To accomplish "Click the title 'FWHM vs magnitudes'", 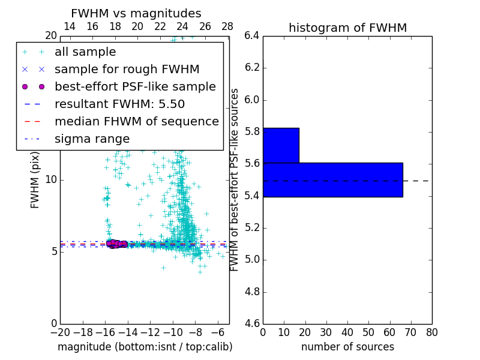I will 136,13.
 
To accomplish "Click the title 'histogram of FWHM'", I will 347,28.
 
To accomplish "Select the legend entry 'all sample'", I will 85,52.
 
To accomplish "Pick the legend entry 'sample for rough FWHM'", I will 127,70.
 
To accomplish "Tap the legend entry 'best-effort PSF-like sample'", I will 135,87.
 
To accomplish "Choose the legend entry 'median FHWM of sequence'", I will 136,122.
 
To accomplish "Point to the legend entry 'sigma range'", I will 92,139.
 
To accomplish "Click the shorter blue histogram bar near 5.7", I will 281,145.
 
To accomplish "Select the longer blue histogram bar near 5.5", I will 332,179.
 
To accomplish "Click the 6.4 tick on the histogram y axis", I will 251,35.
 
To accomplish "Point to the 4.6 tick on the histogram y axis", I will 251,324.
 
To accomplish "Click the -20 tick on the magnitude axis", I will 60,332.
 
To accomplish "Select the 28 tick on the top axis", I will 227,26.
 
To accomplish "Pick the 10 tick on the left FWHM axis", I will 50,179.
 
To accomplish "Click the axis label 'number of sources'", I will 347,347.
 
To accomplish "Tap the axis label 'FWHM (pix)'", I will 35,179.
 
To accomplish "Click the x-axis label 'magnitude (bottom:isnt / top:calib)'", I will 145,347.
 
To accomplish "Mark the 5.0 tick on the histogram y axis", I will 251,260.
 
